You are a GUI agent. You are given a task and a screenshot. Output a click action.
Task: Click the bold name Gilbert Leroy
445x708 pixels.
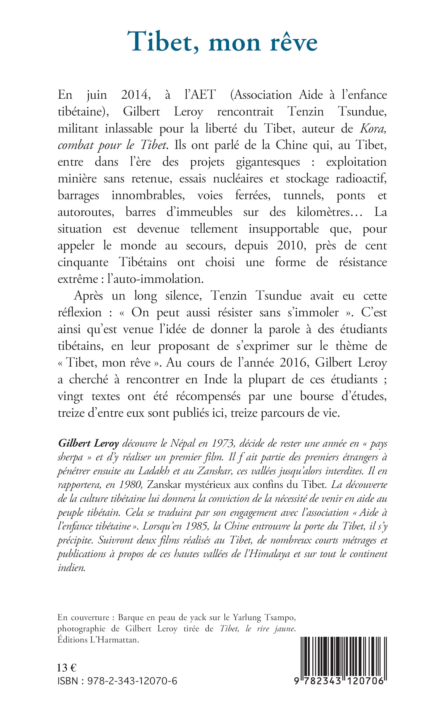(x=88, y=443)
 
